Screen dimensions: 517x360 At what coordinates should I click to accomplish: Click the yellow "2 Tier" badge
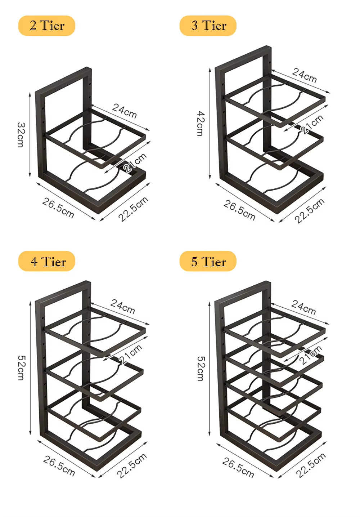(x=46, y=26)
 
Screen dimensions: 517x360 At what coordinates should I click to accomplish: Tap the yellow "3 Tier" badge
(x=208, y=26)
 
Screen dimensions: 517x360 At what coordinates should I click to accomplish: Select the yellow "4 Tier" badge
(x=47, y=262)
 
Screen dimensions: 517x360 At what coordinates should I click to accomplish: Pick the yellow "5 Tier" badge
(x=208, y=262)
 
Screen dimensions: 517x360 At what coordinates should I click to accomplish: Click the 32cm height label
(x=21, y=135)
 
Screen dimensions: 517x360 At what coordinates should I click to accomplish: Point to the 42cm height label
(x=200, y=123)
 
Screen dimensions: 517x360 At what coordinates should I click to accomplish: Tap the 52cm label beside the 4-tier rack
(x=21, y=368)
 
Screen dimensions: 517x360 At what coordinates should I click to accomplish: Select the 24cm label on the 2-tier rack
(x=125, y=111)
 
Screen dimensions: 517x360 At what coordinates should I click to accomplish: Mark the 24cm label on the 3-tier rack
(x=305, y=75)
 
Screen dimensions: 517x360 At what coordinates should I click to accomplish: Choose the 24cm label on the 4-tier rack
(x=123, y=306)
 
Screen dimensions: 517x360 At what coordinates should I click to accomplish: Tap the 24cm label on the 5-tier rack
(x=303, y=307)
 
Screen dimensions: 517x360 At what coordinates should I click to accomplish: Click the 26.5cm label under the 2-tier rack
(x=58, y=208)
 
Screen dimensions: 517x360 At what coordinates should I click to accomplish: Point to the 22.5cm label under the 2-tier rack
(x=133, y=209)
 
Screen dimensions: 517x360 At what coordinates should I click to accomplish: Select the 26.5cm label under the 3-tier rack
(x=239, y=210)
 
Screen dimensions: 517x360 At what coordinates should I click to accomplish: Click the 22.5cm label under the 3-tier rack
(x=310, y=210)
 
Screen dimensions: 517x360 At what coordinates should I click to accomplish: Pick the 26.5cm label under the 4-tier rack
(x=59, y=466)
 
